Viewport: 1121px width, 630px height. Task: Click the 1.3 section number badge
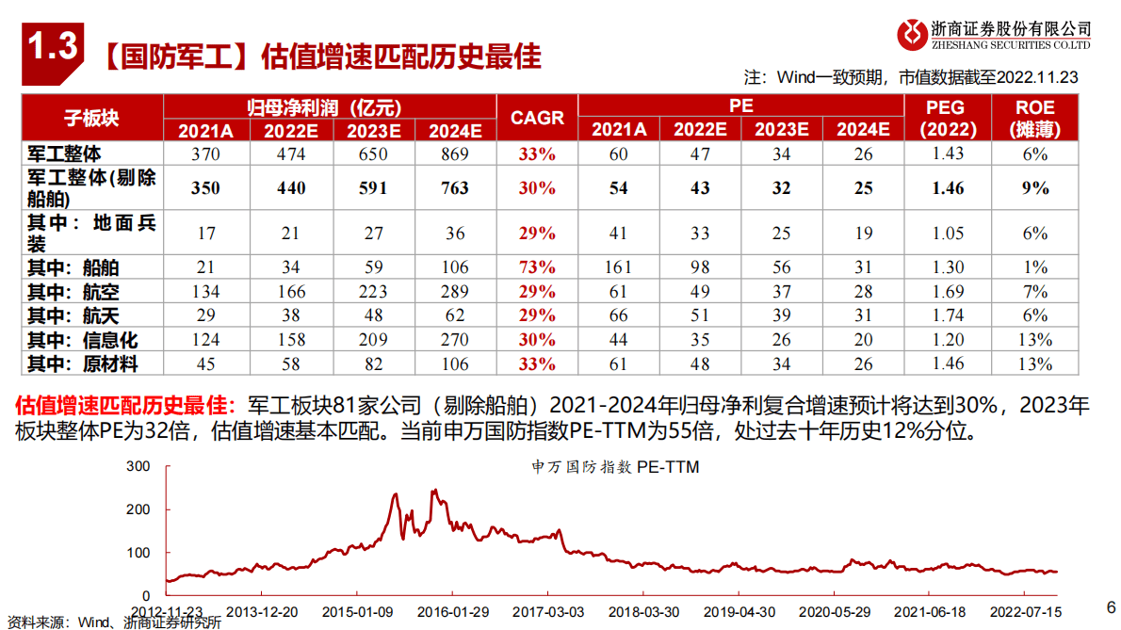[53, 46]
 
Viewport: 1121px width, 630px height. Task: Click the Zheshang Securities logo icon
[911, 35]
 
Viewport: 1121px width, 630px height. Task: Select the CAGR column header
[537, 118]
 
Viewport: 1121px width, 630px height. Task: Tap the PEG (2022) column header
[948, 118]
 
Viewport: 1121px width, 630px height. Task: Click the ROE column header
[1034, 118]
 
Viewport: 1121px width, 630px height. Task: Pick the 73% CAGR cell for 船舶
[537, 267]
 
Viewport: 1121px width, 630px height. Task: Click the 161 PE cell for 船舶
[619, 267]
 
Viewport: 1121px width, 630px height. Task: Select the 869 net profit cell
[454, 153]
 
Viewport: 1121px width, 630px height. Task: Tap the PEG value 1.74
[948, 315]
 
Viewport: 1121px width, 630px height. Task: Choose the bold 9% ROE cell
[1034, 188]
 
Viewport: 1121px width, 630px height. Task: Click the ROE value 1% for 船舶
[1034, 267]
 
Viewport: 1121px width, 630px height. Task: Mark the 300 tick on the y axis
[138, 466]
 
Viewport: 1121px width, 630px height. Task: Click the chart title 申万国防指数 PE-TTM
[615, 466]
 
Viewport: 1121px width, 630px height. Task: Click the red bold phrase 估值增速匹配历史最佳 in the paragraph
[122, 406]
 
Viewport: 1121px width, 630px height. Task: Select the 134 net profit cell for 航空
[205, 292]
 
